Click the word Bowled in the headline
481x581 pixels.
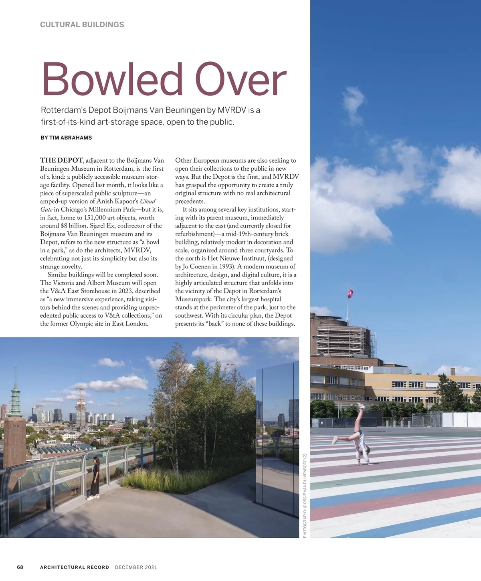(x=112, y=79)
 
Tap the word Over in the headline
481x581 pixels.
(x=241, y=79)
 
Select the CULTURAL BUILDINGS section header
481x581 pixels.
(x=82, y=24)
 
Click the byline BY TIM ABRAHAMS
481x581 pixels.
(x=66, y=137)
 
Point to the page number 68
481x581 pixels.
(x=20, y=567)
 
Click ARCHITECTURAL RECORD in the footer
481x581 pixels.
(x=75, y=567)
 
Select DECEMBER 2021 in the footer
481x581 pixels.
(x=136, y=567)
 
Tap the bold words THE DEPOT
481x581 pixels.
(x=61, y=160)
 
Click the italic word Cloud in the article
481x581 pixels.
(x=148, y=201)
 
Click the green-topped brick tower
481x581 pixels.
(x=15, y=421)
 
